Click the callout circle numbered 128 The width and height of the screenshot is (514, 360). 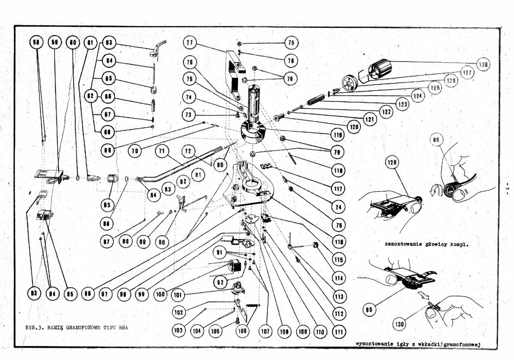483,64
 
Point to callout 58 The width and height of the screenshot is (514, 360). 37,43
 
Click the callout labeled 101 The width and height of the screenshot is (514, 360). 178,295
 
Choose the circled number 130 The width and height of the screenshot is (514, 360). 400,324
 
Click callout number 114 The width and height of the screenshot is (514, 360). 339,278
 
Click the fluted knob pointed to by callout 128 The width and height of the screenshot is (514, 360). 380,69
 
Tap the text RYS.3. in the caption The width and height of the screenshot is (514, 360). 33,327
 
